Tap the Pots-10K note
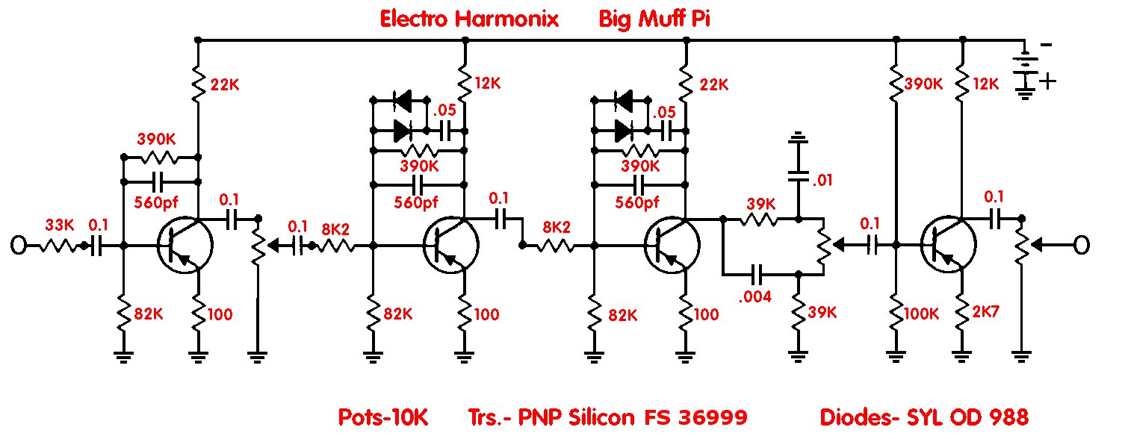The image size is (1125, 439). pos(383,417)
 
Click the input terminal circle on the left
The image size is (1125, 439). pos(19,244)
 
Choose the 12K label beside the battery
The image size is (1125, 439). pos(984,84)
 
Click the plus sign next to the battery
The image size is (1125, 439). pos(1048,81)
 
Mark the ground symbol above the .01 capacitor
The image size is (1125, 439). pos(798,139)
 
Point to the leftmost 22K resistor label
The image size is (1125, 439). pos(224,84)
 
